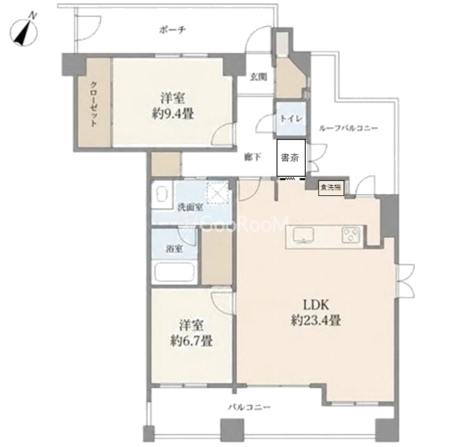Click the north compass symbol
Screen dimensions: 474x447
pyautogui.click(x=24, y=30)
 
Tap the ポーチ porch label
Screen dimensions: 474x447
pyautogui.click(x=173, y=30)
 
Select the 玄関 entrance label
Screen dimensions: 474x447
pyautogui.click(x=258, y=77)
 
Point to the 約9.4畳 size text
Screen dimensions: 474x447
pyautogui.click(x=173, y=115)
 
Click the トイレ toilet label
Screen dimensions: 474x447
pyautogui.click(x=291, y=119)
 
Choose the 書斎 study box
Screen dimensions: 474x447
pyautogui.click(x=291, y=158)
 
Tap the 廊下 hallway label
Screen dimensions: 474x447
pyautogui.click(x=253, y=157)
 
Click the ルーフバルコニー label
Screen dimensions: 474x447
pyautogui.click(x=348, y=128)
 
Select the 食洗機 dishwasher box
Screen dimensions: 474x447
pyautogui.click(x=331, y=188)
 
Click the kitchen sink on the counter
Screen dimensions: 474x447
pyautogui.click(x=304, y=235)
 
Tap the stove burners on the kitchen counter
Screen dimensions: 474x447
pyautogui.click(x=352, y=235)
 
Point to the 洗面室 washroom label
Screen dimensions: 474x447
pyautogui.click(x=190, y=207)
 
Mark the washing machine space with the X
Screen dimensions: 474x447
pyautogui.click(x=217, y=193)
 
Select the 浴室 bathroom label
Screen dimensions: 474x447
pyautogui.click(x=174, y=249)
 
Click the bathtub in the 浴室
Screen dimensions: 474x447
pyautogui.click(x=174, y=272)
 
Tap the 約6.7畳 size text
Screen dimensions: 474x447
pyautogui.click(x=192, y=341)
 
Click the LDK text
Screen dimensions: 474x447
pyautogui.click(x=316, y=306)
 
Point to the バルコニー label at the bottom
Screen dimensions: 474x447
pyautogui.click(x=249, y=408)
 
